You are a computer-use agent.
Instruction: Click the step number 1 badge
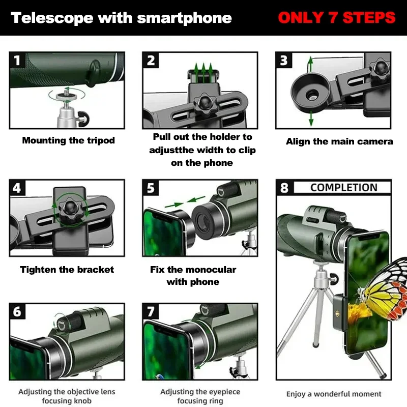(x=18, y=61)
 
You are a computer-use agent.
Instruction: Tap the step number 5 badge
(x=151, y=188)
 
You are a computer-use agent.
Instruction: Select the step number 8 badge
(x=284, y=188)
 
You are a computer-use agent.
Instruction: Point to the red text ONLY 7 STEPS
(x=336, y=18)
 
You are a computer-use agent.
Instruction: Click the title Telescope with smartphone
(x=121, y=18)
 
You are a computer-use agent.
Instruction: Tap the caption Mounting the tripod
(x=68, y=140)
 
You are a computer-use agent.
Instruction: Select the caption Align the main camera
(x=339, y=141)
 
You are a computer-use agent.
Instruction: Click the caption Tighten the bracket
(x=67, y=270)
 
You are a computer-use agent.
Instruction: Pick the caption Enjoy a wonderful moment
(x=334, y=394)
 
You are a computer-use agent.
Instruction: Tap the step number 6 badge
(x=18, y=311)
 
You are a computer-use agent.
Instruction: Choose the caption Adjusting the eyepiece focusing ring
(x=200, y=396)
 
